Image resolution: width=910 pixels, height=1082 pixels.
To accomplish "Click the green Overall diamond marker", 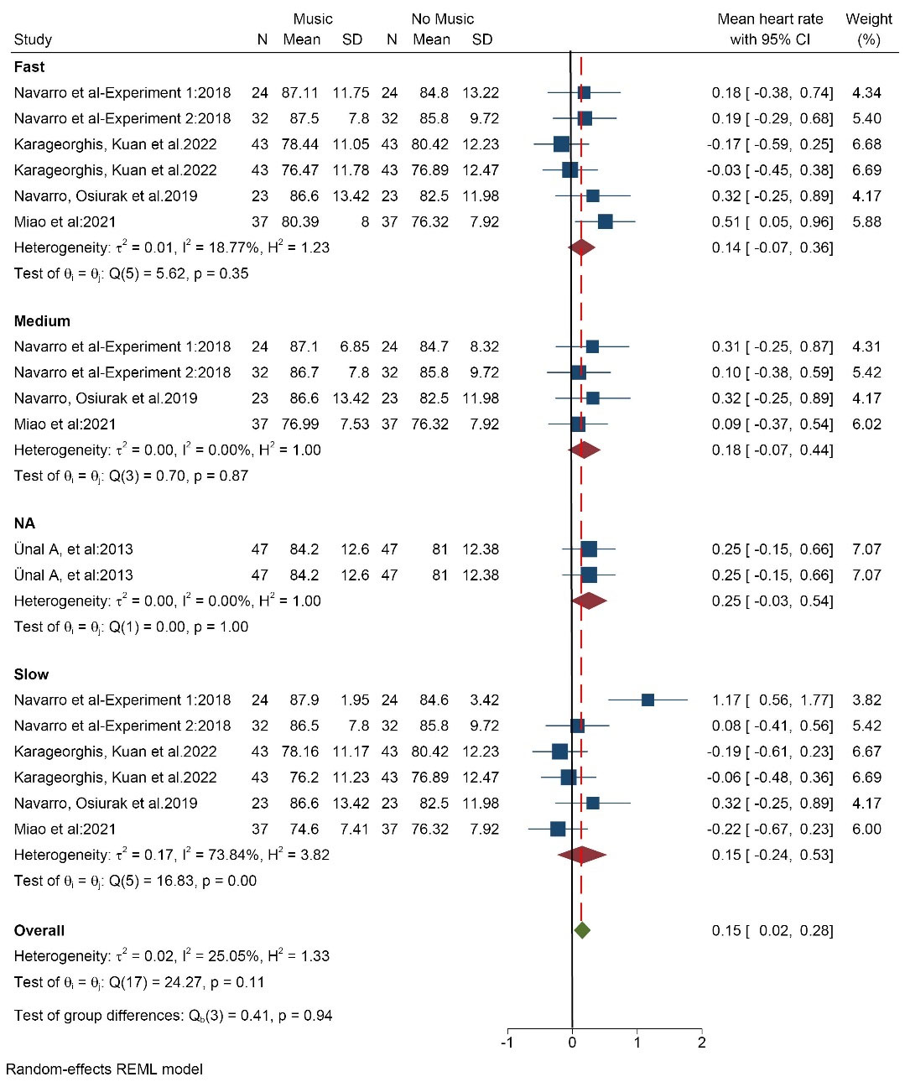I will click(582, 930).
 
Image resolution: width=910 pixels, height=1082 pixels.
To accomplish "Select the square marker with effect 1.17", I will click(647, 700).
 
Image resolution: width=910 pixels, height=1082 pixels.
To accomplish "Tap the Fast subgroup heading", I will click(29, 67).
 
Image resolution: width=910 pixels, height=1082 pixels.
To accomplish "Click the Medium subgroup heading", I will click(42, 321).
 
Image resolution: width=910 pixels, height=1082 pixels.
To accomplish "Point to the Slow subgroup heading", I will click(32, 674).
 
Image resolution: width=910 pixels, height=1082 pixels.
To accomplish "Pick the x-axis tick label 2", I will click(702, 1043).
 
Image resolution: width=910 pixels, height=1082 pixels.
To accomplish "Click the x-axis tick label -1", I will click(507, 1043).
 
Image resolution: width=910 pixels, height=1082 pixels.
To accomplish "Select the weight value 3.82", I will click(866, 700).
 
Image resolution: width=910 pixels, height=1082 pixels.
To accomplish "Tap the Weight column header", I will click(869, 19).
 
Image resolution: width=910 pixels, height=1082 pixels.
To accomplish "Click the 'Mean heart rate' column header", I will click(770, 19).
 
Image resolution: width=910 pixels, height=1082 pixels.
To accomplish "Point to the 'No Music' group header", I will click(442, 19).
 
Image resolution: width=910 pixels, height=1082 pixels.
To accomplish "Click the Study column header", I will click(33, 39).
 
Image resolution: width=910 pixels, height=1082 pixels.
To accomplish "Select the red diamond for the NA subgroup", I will click(589, 601).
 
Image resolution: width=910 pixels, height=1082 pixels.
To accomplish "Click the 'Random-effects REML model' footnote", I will click(104, 1069).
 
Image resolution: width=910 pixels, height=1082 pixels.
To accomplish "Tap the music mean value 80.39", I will click(300, 221).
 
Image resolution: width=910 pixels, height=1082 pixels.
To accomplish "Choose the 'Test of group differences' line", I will click(173, 1016).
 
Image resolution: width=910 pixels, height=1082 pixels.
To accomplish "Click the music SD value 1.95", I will click(354, 700).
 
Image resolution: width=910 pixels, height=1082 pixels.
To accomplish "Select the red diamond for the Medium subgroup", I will click(584, 450).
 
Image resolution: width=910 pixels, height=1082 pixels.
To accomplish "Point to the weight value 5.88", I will click(866, 221).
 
